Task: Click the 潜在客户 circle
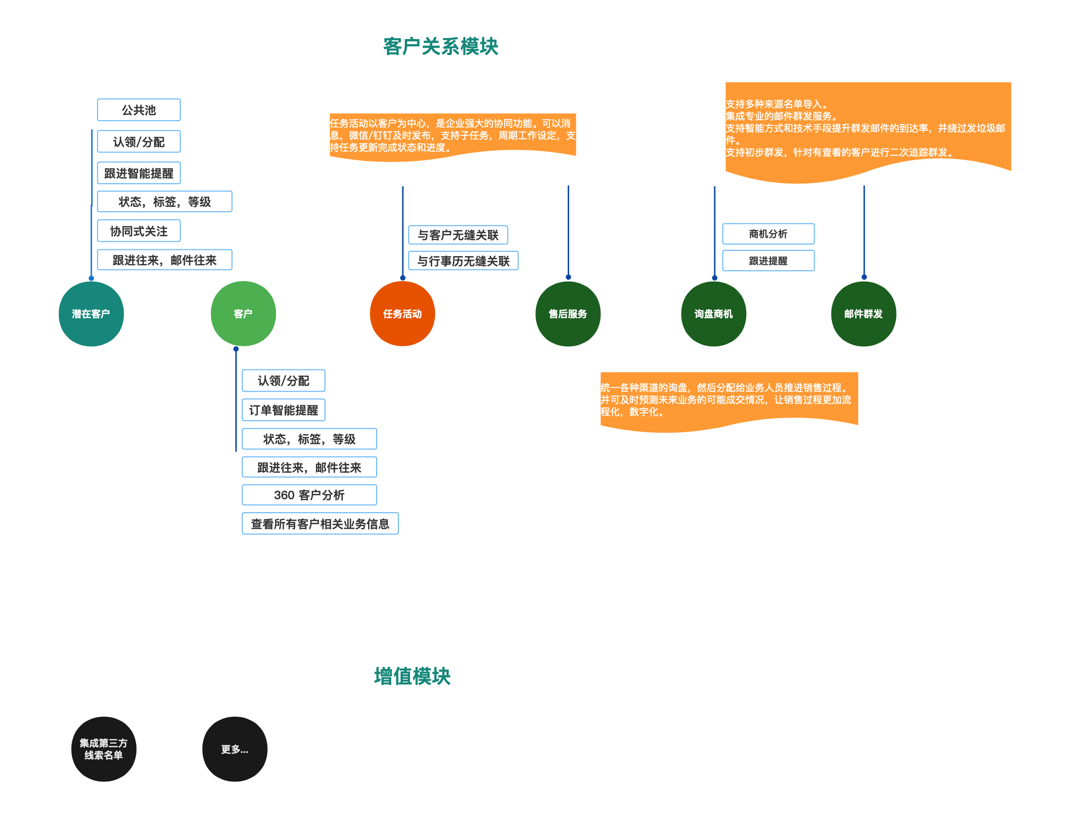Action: [91, 314]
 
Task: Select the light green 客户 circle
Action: [243, 314]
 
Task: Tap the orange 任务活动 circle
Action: [402, 314]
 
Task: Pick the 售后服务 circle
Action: [568, 314]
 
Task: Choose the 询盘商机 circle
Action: [713, 314]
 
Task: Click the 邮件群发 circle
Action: [863, 314]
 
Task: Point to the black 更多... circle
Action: [234, 749]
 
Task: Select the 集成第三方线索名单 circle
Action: [103, 749]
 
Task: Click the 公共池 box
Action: [138, 110]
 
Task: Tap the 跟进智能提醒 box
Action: [138, 173]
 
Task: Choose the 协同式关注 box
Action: [138, 231]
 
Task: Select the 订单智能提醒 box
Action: [283, 410]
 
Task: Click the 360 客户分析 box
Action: [309, 495]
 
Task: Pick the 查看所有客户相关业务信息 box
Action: [320, 524]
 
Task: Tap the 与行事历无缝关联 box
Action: [463, 261]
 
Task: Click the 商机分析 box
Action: [768, 234]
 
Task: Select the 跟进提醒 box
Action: [768, 261]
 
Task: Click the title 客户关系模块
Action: [440, 47]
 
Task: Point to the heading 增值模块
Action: [412, 676]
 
